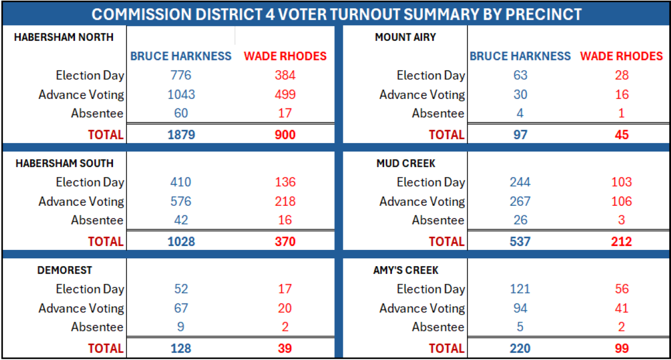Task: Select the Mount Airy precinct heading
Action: pyautogui.click(x=405, y=37)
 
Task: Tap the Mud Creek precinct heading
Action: pyautogui.click(x=405, y=164)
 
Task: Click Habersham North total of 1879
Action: pyautogui.click(x=181, y=135)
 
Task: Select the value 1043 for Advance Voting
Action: pyautogui.click(x=181, y=94)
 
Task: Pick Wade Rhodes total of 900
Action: pyautogui.click(x=285, y=135)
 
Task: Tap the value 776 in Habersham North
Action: pyautogui.click(x=181, y=75)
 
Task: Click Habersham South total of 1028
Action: pyautogui.click(x=181, y=241)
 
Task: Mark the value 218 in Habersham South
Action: pyautogui.click(x=285, y=201)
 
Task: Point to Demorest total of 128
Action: pyautogui.click(x=181, y=348)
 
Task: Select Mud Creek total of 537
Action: pyautogui.click(x=520, y=241)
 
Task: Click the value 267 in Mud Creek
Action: pyautogui.click(x=520, y=201)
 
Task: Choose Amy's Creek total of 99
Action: pyautogui.click(x=621, y=348)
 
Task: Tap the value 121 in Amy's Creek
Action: pyautogui.click(x=520, y=289)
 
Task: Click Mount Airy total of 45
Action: pyautogui.click(x=621, y=135)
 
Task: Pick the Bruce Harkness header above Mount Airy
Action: pyautogui.click(x=520, y=56)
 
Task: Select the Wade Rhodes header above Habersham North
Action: pyautogui.click(x=285, y=56)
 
